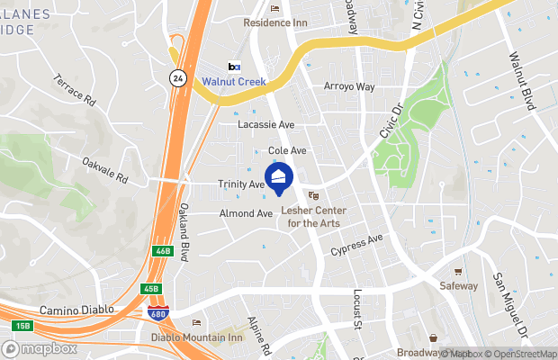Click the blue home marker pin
(278, 177)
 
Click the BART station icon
(235, 67)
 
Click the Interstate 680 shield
(157, 310)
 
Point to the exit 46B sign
(163, 251)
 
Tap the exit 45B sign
(151, 289)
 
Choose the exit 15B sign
(22, 325)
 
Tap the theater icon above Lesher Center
(314, 195)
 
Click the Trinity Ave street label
(241, 184)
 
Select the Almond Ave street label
(246, 214)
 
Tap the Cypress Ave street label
(356, 244)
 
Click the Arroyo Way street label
(348, 87)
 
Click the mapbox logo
(40, 348)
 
